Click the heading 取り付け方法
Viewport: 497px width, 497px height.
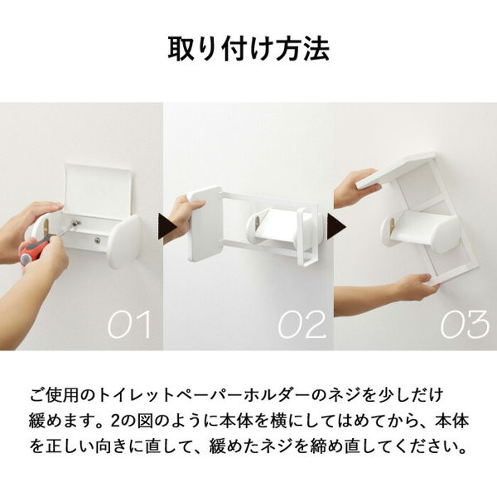(x=248, y=49)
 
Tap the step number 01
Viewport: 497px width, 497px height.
(x=129, y=324)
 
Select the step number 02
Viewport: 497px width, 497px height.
(x=302, y=324)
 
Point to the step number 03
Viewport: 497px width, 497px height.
(x=465, y=324)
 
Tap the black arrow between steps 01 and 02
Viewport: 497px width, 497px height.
(x=167, y=227)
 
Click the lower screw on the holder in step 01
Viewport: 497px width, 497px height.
(x=97, y=240)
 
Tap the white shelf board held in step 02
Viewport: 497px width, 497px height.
(x=204, y=224)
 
